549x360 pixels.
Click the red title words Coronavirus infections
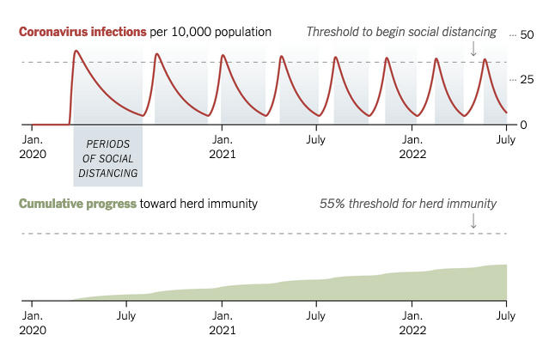(82, 32)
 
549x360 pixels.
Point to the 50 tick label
(527, 34)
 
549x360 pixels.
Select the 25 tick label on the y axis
(527, 80)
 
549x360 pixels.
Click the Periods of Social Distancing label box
(107, 159)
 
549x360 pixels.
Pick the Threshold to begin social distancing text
(401, 32)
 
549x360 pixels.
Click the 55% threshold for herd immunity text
(408, 204)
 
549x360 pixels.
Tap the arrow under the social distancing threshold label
(473, 49)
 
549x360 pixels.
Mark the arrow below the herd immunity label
(473, 221)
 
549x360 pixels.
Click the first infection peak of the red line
(76, 52)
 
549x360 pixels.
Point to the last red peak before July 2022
(485, 59)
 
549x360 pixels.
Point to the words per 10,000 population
(210, 32)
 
